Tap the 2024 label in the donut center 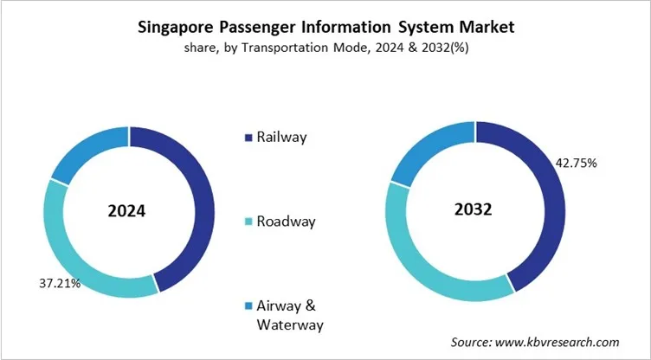[127, 211]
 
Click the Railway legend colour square [249, 137]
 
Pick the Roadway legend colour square [249, 222]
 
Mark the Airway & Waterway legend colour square [249, 306]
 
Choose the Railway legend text [281, 137]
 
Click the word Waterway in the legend [289, 325]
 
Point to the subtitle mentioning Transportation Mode [325, 49]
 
